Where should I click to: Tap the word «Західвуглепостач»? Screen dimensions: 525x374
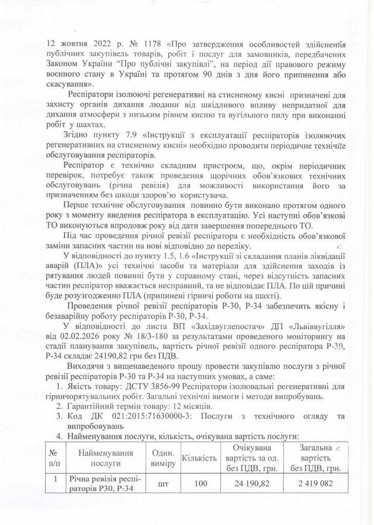(x=193, y=326)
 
